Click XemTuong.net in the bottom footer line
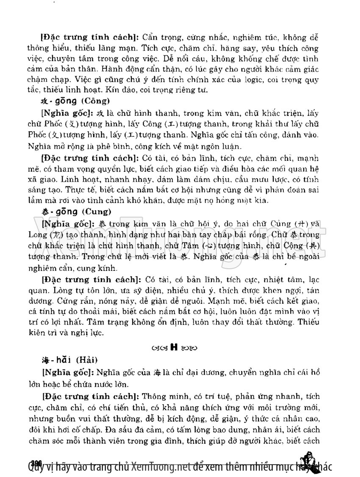(x=157, y=467)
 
